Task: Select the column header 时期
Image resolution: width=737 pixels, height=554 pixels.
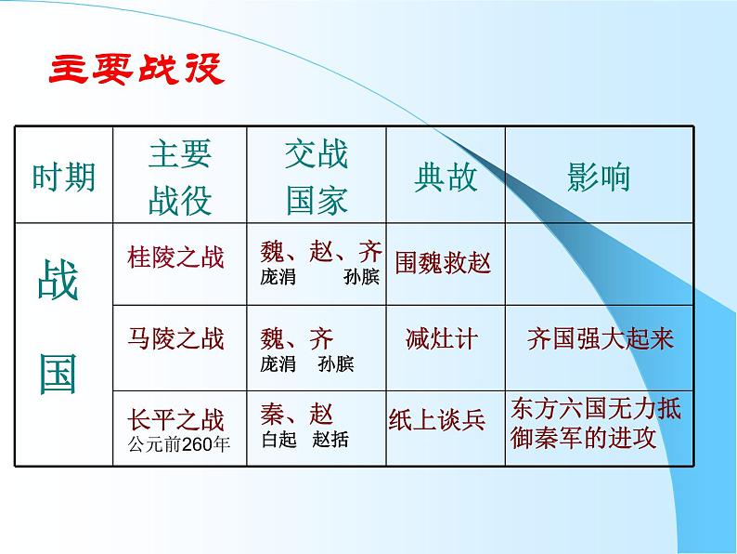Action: click(x=63, y=177)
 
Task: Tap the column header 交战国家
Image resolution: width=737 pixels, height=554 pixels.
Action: click(x=317, y=177)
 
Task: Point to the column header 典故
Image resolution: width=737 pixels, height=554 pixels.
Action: click(x=446, y=177)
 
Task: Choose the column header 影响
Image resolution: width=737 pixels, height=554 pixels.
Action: click(x=599, y=177)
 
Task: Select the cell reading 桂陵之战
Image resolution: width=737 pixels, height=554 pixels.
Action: click(x=175, y=257)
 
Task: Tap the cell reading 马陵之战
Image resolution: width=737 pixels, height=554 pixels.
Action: click(x=175, y=337)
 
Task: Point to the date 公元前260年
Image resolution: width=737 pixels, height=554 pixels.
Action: click(x=179, y=442)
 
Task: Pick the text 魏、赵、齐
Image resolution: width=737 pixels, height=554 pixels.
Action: click(x=321, y=252)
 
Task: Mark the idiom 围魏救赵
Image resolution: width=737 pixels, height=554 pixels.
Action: click(x=443, y=262)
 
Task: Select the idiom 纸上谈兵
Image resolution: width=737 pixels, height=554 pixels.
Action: click(x=437, y=420)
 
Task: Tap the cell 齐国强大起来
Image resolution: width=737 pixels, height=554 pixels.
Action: click(x=600, y=338)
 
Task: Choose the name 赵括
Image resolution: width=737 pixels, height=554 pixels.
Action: click(x=331, y=440)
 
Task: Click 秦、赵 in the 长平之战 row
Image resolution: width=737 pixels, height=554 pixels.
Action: click(x=297, y=414)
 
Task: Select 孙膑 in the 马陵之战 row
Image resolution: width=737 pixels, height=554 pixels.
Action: click(x=335, y=363)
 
